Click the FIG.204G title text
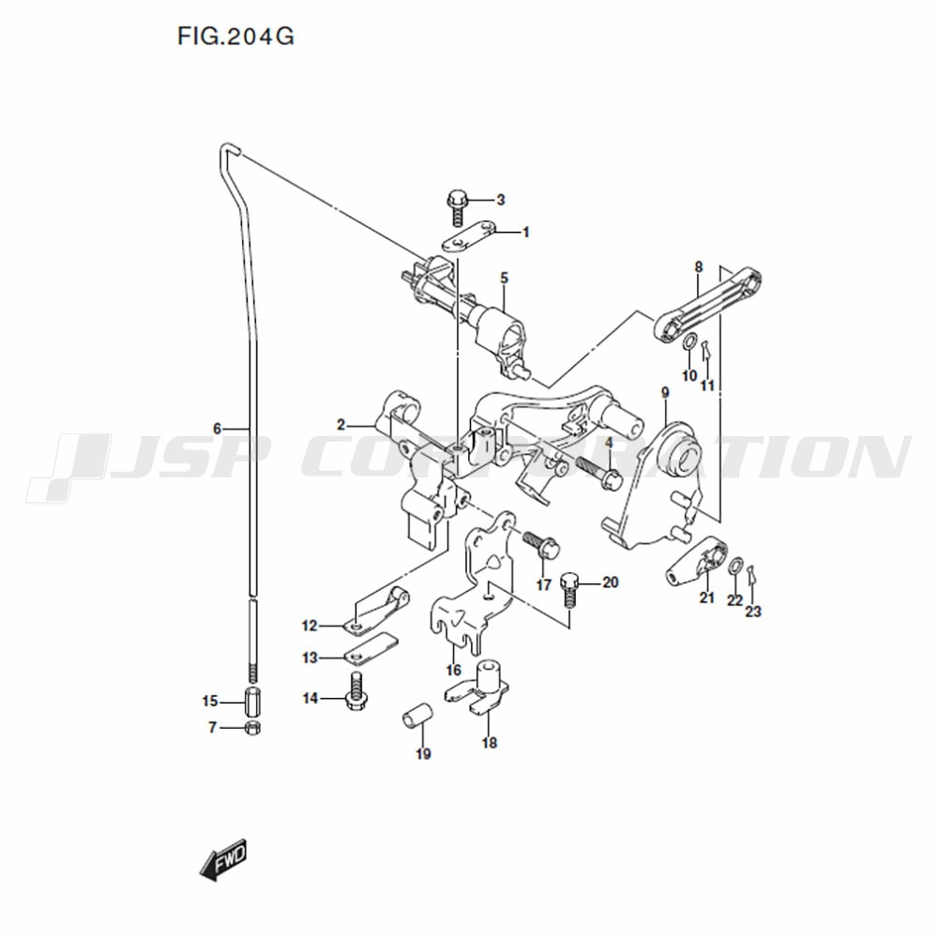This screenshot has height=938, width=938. (x=235, y=37)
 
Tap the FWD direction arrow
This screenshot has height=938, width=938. (x=223, y=859)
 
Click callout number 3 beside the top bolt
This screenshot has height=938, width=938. (x=501, y=200)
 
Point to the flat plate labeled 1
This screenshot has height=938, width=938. (x=469, y=237)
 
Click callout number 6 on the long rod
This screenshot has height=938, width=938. (x=218, y=429)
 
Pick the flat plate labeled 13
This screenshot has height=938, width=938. (x=371, y=648)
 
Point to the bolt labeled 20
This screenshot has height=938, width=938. (x=570, y=589)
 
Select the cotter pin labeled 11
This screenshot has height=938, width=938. (x=706, y=349)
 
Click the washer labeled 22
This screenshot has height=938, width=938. (x=735, y=566)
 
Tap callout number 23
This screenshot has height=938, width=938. (x=753, y=612)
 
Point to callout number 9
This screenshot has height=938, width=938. (x=665, y=392)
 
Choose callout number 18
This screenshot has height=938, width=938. (x=490, y=743)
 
